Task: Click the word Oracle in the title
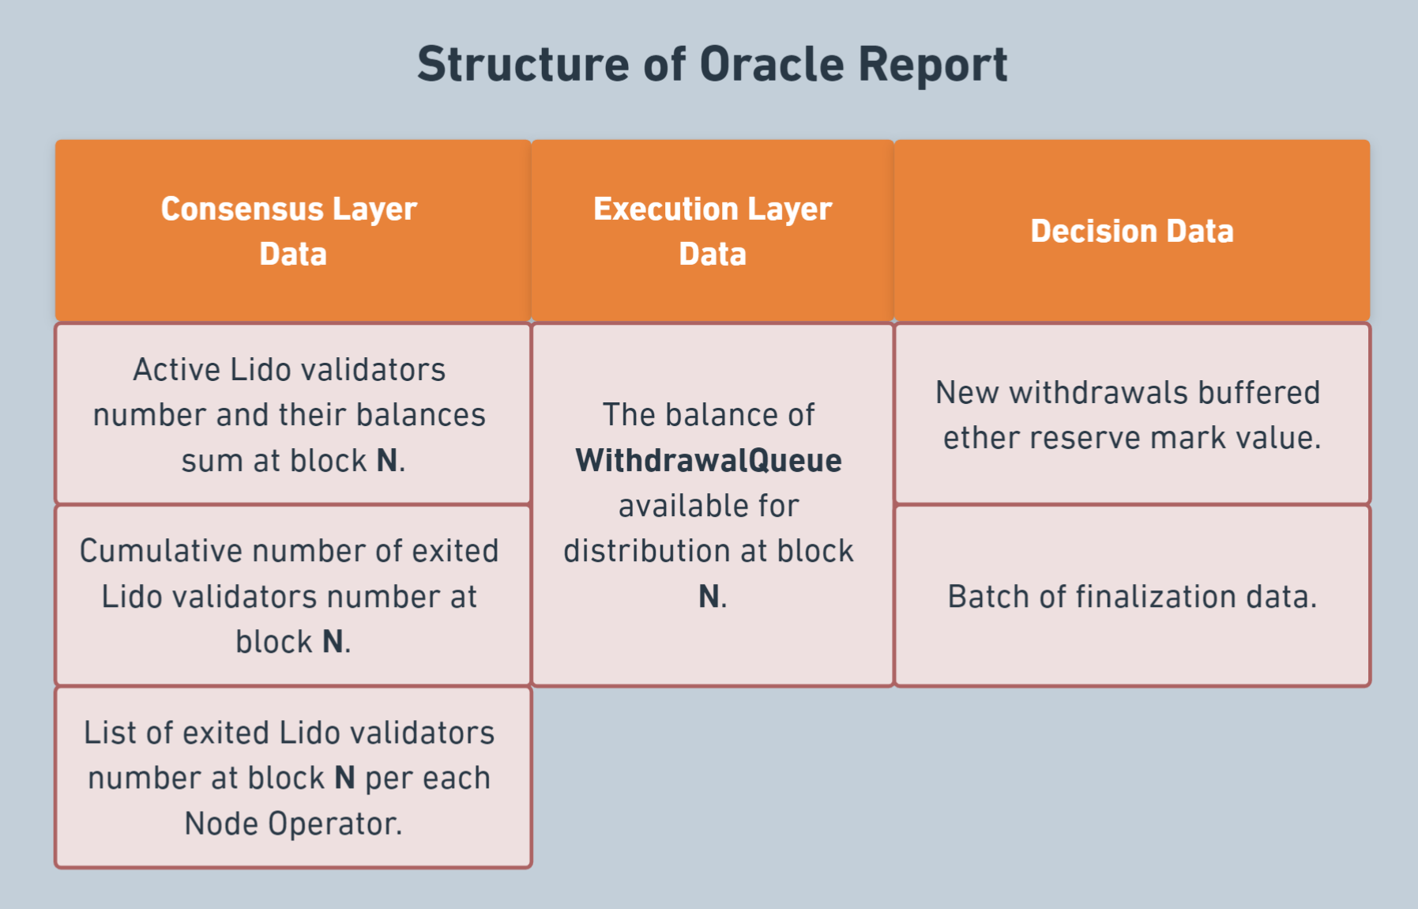(772, 64)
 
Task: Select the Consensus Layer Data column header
(293, 231)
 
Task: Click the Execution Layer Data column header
(713, 231)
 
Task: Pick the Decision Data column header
(1132, 231)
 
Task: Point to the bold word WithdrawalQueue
(709, 461)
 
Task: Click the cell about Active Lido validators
(293, 413)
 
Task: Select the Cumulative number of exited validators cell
(293, 595)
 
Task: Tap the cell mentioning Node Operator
(293, 777)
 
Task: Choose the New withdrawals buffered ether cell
(1132, 413)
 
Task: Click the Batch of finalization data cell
(1132, 595)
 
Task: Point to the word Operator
(336, 824)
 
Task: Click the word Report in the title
(933, 64)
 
